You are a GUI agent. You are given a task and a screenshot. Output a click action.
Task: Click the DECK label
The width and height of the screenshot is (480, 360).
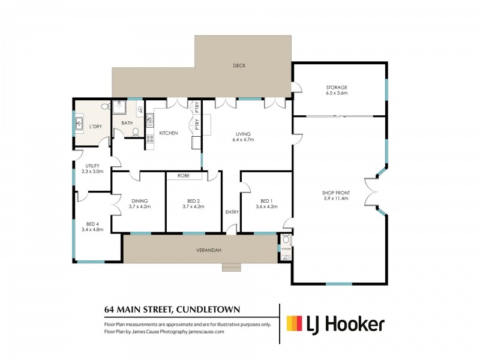(x=239, y=65)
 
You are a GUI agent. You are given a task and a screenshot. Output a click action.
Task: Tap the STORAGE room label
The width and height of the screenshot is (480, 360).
(x=337, y=88)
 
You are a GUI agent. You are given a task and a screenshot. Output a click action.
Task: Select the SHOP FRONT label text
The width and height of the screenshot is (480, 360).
(x=336, y=192)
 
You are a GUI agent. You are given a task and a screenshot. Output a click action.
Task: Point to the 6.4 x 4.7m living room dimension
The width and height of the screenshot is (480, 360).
(x=243, y=139)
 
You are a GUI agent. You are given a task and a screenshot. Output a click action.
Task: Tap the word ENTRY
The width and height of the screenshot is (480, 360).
(x=232, y=212)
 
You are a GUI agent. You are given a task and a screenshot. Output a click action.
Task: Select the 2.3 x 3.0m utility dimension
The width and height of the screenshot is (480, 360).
(x=92, y=171)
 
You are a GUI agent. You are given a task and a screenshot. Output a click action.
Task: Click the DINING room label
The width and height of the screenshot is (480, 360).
(x=138, y=201)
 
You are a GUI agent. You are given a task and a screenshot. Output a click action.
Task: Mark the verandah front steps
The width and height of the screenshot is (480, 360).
(x=231, y=268)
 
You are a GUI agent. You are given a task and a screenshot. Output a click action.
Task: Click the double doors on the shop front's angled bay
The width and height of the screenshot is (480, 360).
(x=370, y=191)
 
